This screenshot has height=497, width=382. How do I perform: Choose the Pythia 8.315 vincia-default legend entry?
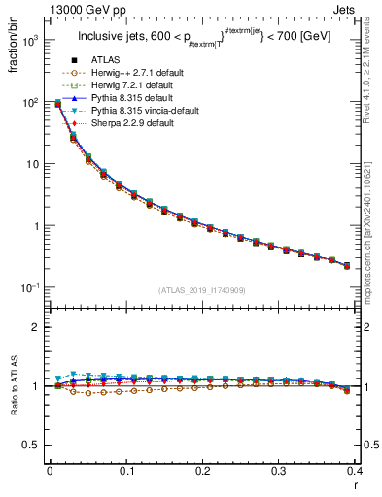click(143, 113)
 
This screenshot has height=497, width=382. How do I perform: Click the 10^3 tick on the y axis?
click(32, 40)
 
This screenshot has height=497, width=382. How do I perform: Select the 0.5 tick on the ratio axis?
click(34, 446)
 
